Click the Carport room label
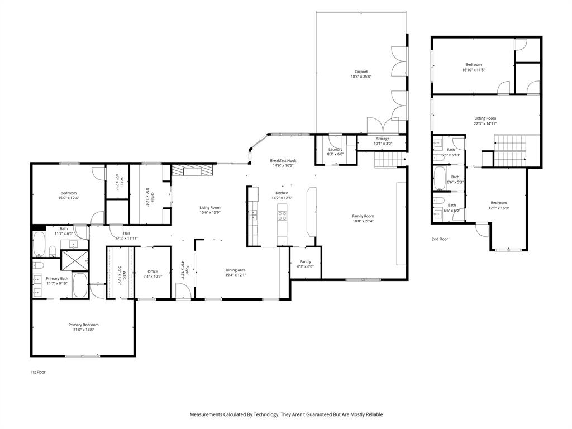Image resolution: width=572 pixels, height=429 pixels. coord(361,71)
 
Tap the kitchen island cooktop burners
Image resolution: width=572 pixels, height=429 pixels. coord(282,213)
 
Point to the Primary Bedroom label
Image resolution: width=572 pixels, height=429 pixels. coord(83,325)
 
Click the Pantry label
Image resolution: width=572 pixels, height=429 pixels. coord(305,261)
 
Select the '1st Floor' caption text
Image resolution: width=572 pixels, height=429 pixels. coord(38,372)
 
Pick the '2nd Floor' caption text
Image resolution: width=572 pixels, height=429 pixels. coord(440,239)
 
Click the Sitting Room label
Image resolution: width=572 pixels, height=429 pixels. coord(485,118)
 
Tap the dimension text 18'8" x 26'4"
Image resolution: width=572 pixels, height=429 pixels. coord(363,221)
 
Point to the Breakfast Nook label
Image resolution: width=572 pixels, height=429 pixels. coord(283,161)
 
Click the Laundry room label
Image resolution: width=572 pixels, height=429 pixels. coord(335,149)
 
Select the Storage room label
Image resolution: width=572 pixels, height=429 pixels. coord(383,139)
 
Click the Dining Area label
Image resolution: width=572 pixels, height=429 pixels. coord(235,270)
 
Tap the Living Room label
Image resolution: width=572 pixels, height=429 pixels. coord(210,207)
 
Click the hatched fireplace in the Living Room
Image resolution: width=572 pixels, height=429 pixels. coord(193,170)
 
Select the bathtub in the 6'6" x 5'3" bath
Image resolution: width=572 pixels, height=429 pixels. coord(439,180)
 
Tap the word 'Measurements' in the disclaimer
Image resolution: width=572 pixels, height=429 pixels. coord(206,414)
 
